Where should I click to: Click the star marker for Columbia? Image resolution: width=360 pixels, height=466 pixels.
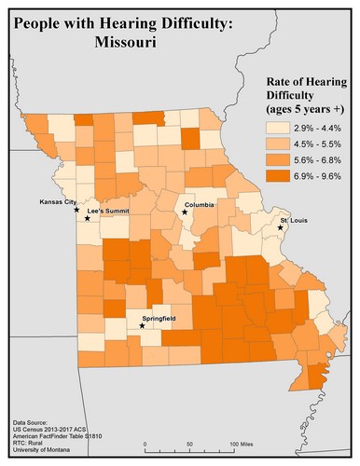[185, 212]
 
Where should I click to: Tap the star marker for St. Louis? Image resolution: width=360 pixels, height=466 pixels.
[280, 228]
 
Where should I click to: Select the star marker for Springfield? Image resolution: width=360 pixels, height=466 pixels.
[142, 326]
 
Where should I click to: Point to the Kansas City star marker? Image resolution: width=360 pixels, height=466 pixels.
[76, 210]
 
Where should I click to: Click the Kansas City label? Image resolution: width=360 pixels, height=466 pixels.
[57, 201]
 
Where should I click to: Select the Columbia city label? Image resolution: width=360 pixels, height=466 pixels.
[202, 204]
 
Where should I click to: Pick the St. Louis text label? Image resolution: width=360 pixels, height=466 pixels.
[297, 221]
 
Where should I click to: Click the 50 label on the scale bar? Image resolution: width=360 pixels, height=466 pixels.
[189, 444]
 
